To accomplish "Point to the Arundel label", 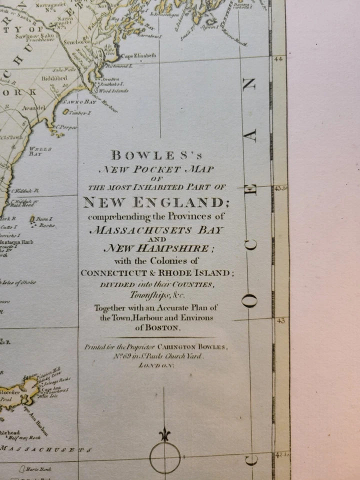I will tap(33, 107).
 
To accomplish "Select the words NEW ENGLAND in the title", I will tap(152, 202).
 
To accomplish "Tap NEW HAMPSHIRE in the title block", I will tap(156, 248).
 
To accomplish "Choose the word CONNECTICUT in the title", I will tap(112, 273).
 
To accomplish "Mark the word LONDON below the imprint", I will tap(156, 366).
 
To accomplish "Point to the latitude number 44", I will tap(278, 59).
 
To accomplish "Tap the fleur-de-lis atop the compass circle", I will tap(165, 434).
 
